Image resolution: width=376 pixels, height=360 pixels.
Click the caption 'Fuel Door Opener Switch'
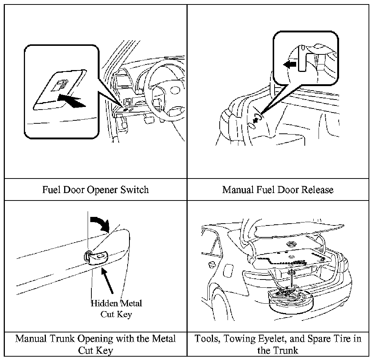click(x=95, y=190)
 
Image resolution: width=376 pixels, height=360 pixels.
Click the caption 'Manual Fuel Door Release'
click(x=278, y=190)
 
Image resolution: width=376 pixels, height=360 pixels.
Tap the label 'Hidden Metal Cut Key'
click(x=116, y=309)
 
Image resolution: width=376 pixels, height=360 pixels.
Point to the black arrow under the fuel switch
click(x=72, y=101)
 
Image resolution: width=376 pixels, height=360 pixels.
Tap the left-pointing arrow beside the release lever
click(x=290, y=64)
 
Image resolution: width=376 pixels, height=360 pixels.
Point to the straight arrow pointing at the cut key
click(x=107, y=281)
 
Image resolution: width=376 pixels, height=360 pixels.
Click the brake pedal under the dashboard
click(x=149, y=120)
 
